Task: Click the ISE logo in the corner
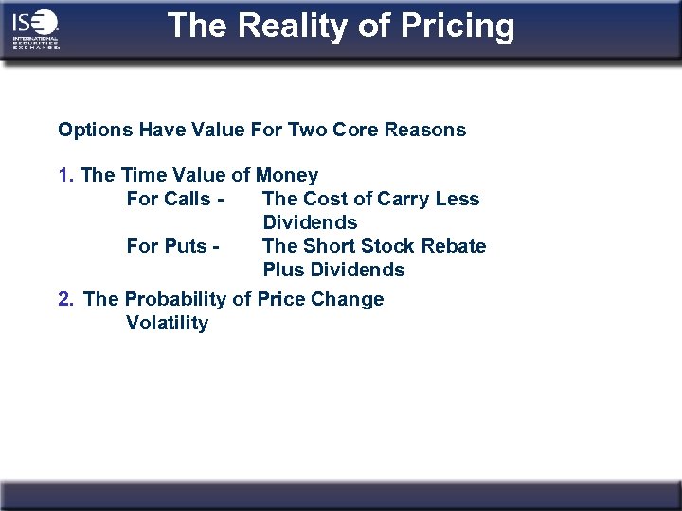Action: tap(36, 29)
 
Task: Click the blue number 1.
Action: tap(64, 175)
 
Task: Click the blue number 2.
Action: tap(64, 299)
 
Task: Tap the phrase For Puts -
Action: tap(173, 246)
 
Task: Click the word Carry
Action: tap(403, 199)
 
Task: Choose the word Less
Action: tap(458, 199)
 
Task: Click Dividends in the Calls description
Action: tap(310, 222)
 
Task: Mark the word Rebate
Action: tap(455, 246)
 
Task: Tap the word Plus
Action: tap(282, 270)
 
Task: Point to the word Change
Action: tap(350, 299)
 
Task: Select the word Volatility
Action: tap(167, 323)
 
